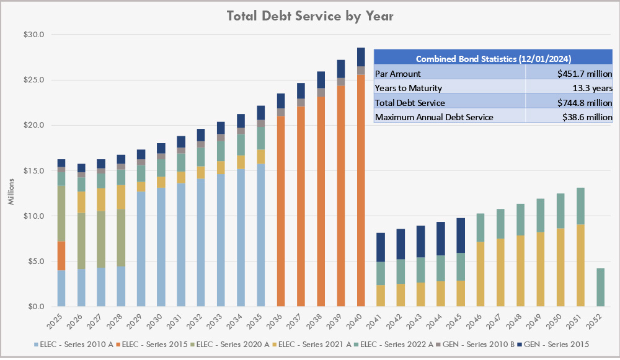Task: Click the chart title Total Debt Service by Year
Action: (x=311, y=15)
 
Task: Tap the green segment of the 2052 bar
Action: (x=600, y=288)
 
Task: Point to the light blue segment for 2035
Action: (x=261, y=235)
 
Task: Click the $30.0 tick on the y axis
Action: (x=35, y=35)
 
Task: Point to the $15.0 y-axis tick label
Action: (x=35, y=171)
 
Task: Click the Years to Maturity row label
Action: (x=409, y=88)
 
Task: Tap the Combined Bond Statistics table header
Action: (x=493, y=59)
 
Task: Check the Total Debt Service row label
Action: (x=410, y=102)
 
